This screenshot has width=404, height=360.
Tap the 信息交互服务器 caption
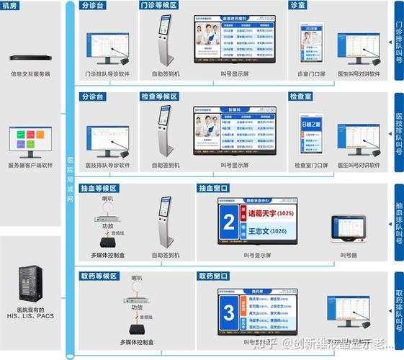31,74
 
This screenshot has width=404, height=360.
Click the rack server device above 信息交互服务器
31,58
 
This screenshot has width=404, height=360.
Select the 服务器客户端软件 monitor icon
30,142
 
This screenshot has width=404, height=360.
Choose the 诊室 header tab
297,5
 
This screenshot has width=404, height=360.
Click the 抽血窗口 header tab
214,189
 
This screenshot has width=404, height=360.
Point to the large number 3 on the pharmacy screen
229,313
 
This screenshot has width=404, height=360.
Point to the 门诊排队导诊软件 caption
107,74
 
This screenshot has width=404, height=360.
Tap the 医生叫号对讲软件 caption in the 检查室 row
358,165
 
